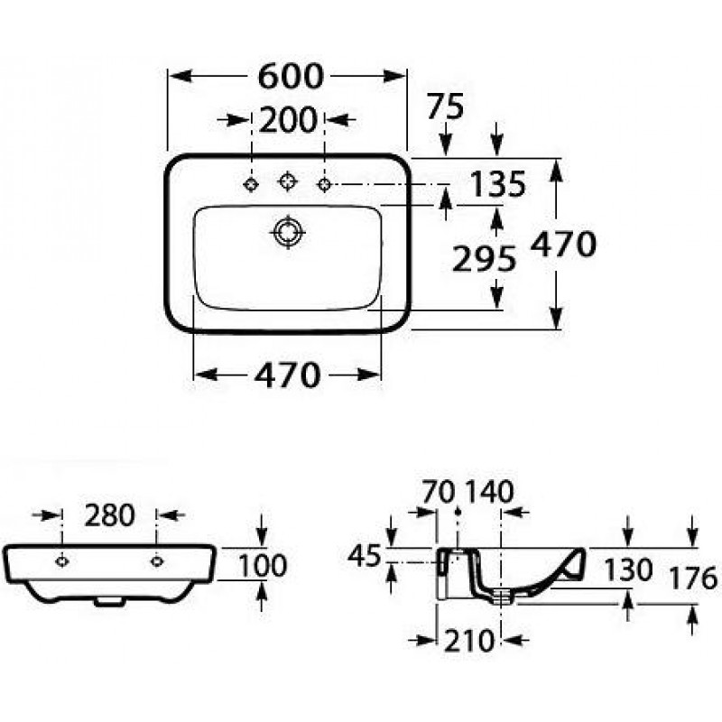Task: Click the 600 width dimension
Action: (x=291, y=77)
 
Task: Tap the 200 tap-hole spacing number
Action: (x=288, y=120)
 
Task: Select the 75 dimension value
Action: (x=445, y=106)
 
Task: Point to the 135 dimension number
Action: (x=497, y=184)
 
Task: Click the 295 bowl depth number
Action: (x=485, y=259)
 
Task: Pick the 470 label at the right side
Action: (x=563, y=244)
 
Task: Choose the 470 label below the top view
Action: (x=287, y=375)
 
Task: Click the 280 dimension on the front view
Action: (x=109, y=515)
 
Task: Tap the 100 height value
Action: (x=263, y=566)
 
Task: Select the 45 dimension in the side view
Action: (x=365, y=555)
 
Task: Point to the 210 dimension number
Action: (x=469, y=641)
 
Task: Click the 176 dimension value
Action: (x=693, y=579)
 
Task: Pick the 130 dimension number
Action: (x=628, y=569)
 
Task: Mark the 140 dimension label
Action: (x=489, y=492)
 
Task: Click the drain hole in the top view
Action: (x=288, y=232)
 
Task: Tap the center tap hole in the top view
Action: (x=287, y=180)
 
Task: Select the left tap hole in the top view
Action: (x=251, y=184)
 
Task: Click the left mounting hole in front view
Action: (x=61, y=561)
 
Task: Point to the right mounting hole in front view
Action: (x=157, y=561)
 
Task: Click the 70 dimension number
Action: (x=439, y=492)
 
